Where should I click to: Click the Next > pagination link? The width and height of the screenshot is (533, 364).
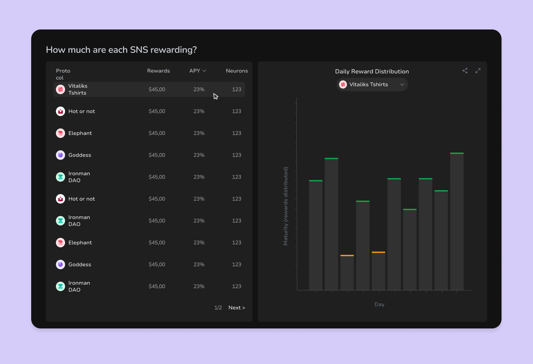point(237,308)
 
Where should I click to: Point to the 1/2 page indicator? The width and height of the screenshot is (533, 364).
point(218,308)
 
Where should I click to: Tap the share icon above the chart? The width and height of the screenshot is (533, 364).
point(465,71)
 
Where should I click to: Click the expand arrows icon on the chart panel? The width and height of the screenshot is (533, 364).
point(478,71)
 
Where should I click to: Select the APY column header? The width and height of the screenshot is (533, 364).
point(195,71)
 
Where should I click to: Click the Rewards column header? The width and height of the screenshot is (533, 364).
point(158,71)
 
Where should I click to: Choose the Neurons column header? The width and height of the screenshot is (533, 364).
point(237,71)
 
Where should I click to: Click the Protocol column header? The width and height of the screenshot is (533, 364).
point(63,74)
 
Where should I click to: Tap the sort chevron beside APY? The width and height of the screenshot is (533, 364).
point(204,71)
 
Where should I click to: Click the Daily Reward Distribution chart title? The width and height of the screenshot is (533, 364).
point(372,71)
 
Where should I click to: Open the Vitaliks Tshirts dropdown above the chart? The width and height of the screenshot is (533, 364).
point(372,84)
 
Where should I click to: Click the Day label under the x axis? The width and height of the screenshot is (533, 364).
point(379,304)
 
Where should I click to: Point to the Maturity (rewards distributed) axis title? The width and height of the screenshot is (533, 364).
point(286,206)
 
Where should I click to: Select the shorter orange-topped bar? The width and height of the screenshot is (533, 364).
point(347,273)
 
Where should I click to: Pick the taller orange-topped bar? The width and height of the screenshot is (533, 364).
point(378,271)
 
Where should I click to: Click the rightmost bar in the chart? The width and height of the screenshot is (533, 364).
point(457,221)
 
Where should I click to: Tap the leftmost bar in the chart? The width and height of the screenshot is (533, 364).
point(315,235)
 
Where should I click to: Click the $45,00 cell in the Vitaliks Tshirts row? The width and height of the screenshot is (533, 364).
point(157,89)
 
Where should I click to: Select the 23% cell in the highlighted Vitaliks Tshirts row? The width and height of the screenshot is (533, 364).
point(199,89)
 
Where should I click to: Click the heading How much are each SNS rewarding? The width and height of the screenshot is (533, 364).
point(121,50)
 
